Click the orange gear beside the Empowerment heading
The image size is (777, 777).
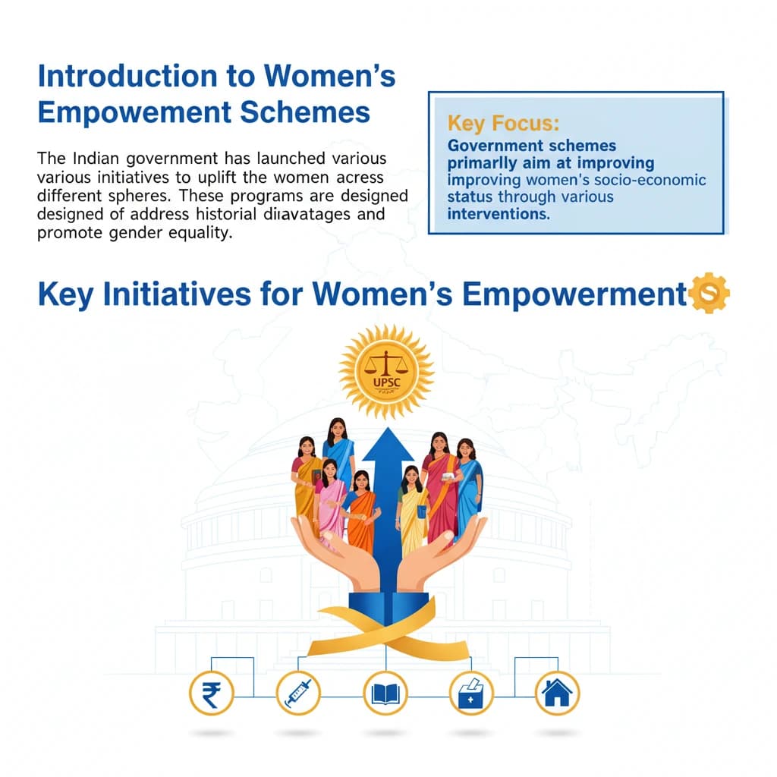click(710, 294)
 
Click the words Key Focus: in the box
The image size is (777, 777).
click(503, 123)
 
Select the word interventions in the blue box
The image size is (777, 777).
click(498, 214)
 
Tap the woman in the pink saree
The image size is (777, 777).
click(330, 501)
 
